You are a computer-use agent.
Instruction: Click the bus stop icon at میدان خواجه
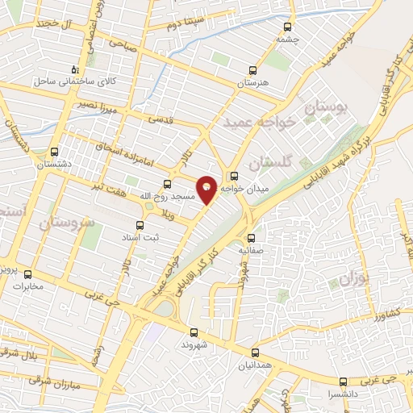pyautogui.click(x=235, y=176)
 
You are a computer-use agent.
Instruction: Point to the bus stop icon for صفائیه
pyautogui.click(x=251, y=238)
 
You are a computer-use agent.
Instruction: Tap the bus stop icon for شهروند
pyautogui.click(x=193, y=332)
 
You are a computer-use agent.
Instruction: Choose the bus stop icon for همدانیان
pyautogui.click(x=255, y=353)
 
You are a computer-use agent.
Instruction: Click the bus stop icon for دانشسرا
pyautogui.click(x=343, y=382)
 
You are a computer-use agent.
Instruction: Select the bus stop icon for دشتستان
pyautogui.click(x=54, y=151)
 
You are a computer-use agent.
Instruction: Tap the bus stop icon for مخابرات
pyautogui.click(x=28, y=274)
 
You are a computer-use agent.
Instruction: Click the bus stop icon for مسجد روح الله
pyautogui.click(x=168, y=184)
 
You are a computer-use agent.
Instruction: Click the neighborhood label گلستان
pyautogui.click(x=268, y=164)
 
